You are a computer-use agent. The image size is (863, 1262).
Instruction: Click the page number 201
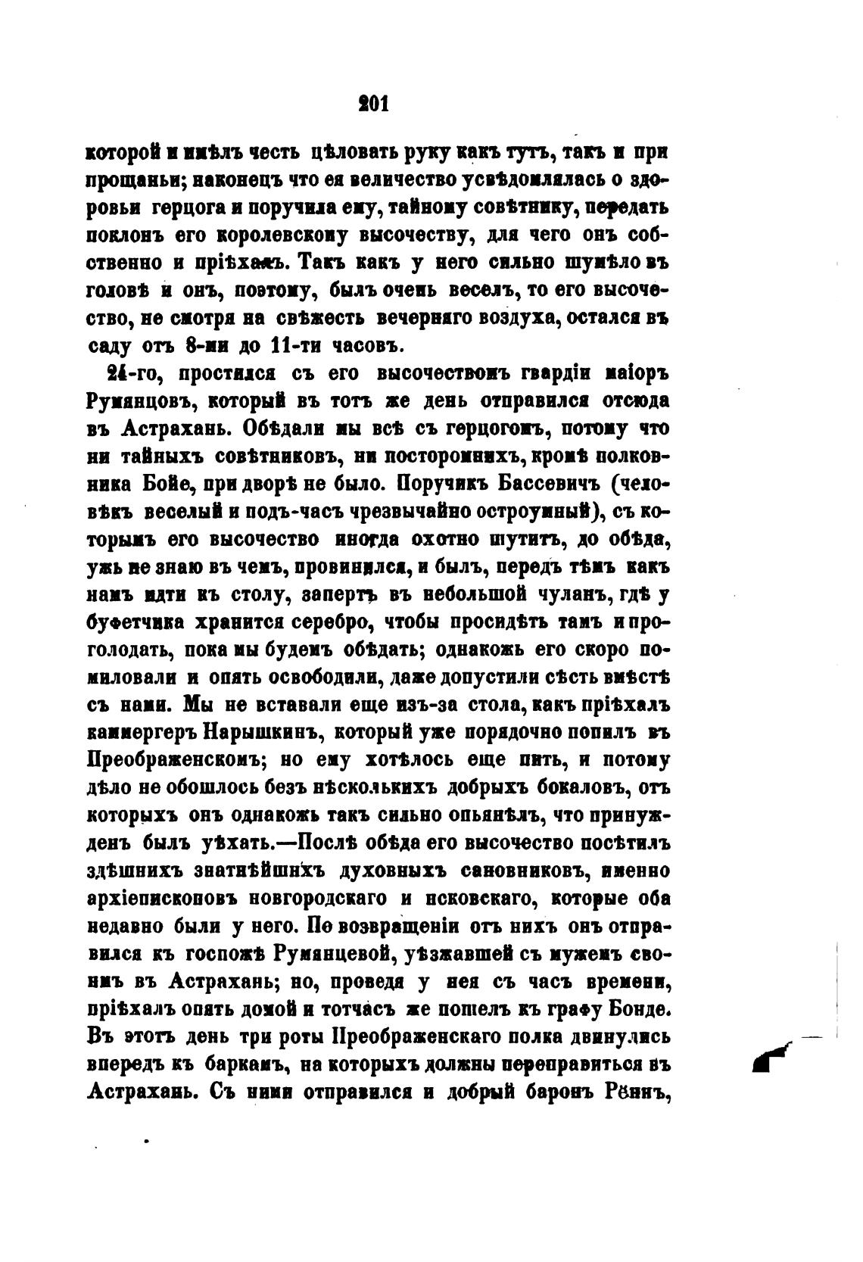click(x=372, y=104)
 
